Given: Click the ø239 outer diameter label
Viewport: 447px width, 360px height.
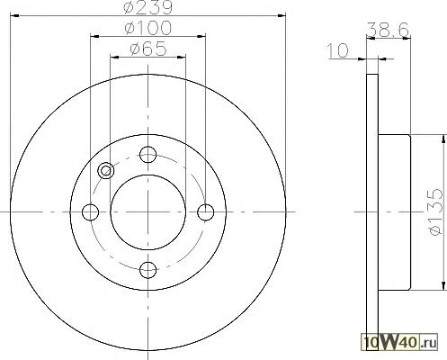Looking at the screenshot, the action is click(148, 7).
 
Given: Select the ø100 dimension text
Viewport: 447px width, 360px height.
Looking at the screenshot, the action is click(148, 28).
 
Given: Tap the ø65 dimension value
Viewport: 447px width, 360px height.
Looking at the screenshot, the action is click(148, 49).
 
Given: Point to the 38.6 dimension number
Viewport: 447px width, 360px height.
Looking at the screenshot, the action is click(388, 30).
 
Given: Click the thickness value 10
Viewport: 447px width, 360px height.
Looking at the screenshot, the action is click(338, 50).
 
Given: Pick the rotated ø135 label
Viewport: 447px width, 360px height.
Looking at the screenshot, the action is click(435, 211).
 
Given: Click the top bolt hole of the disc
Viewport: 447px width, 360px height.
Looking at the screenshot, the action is click(148, 155).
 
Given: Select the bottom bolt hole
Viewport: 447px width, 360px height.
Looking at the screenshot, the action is click(148, 269).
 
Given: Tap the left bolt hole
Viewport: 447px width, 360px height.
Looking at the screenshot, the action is click(90, 212).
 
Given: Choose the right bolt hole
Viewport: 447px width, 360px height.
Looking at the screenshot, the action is click(206, 212).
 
